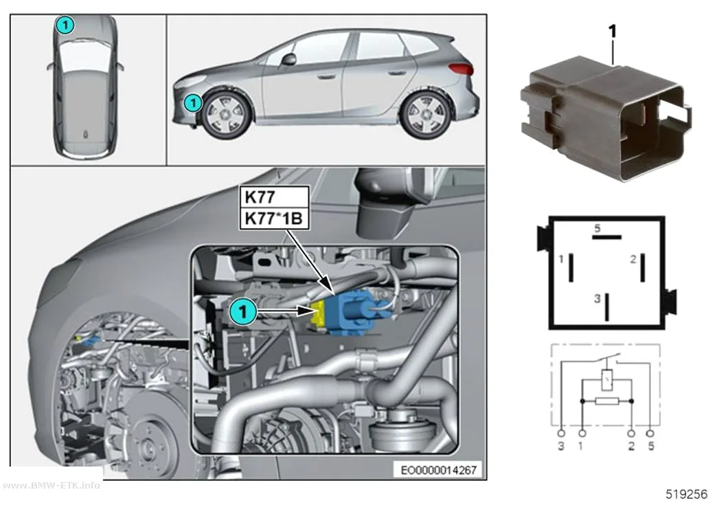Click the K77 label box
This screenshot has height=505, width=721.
click(x=274, y=197)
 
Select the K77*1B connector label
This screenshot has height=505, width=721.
click(x=274, y=218)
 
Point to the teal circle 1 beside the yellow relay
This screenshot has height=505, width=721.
click(x=243, y=312)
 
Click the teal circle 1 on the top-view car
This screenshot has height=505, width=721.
click(x=65, y=25)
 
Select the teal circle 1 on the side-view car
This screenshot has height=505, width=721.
click(x=193, y=102)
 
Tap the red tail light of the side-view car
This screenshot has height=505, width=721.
click(x=461, y=69)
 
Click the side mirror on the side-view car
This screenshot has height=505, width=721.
click(x=289, y=58)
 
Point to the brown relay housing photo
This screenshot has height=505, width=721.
click(x=606, y=118)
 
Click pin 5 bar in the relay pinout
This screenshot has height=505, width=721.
click(x=606, y=237)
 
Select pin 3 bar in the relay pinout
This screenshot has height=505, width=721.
click(x=607, y=306)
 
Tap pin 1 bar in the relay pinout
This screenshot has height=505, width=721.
click(x=571, y=267)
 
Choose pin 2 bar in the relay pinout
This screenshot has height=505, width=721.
click(x=643, y=267)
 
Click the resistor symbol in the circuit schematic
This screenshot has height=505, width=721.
click(x=606, y=401)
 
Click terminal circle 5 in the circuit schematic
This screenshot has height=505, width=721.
click(x=650, y=434)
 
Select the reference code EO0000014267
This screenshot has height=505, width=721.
click(x=438, y=470)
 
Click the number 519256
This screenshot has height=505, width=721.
click(x=687, y=494)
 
